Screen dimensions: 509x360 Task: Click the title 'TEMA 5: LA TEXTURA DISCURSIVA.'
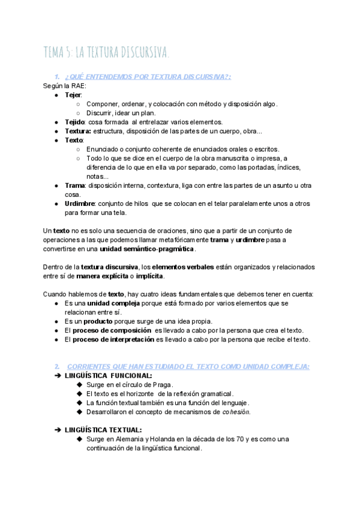pyautogui.click(x=106, y=53)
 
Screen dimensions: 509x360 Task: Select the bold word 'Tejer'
pyautogui.click(x=73, y=95)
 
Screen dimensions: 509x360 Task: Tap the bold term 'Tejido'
pyautogui.click(x=76, y=122)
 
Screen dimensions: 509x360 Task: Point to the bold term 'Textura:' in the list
pyautogui.click(x=78, y=131)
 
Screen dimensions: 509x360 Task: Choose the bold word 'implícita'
pyautogui.click(x=147, y=276)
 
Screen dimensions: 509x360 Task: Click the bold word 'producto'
pyautogui.click(x=92, y=321)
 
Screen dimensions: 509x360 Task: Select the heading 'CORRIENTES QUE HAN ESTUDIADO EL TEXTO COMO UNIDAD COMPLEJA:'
pyautogui.click(x=188, y=366)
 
